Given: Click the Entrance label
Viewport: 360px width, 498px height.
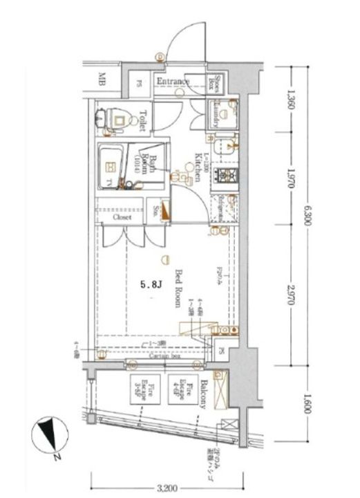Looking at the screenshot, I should [173, 82].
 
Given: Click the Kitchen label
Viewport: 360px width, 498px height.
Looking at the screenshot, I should [198, 167].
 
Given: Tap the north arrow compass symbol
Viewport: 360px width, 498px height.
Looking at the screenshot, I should [48, 434].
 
